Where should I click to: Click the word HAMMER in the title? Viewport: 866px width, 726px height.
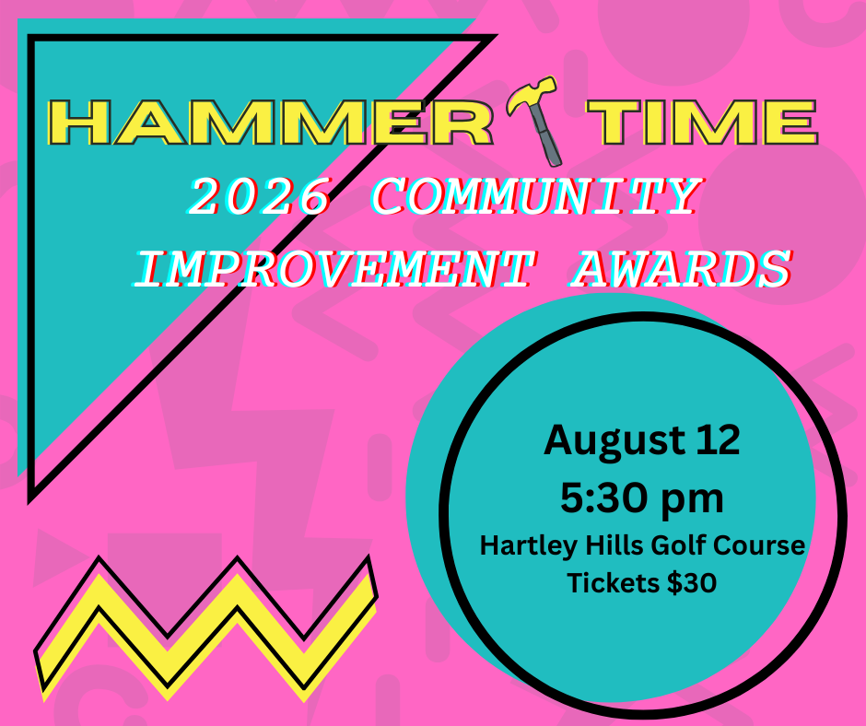click(271, 123)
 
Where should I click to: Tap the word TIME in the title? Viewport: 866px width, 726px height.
click(703, 123)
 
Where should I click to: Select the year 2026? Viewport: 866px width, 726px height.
click(260, 196)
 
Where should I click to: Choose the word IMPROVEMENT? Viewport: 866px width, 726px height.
click(334, 268)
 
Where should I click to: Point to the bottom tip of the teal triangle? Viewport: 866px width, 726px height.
click(30, 503)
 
